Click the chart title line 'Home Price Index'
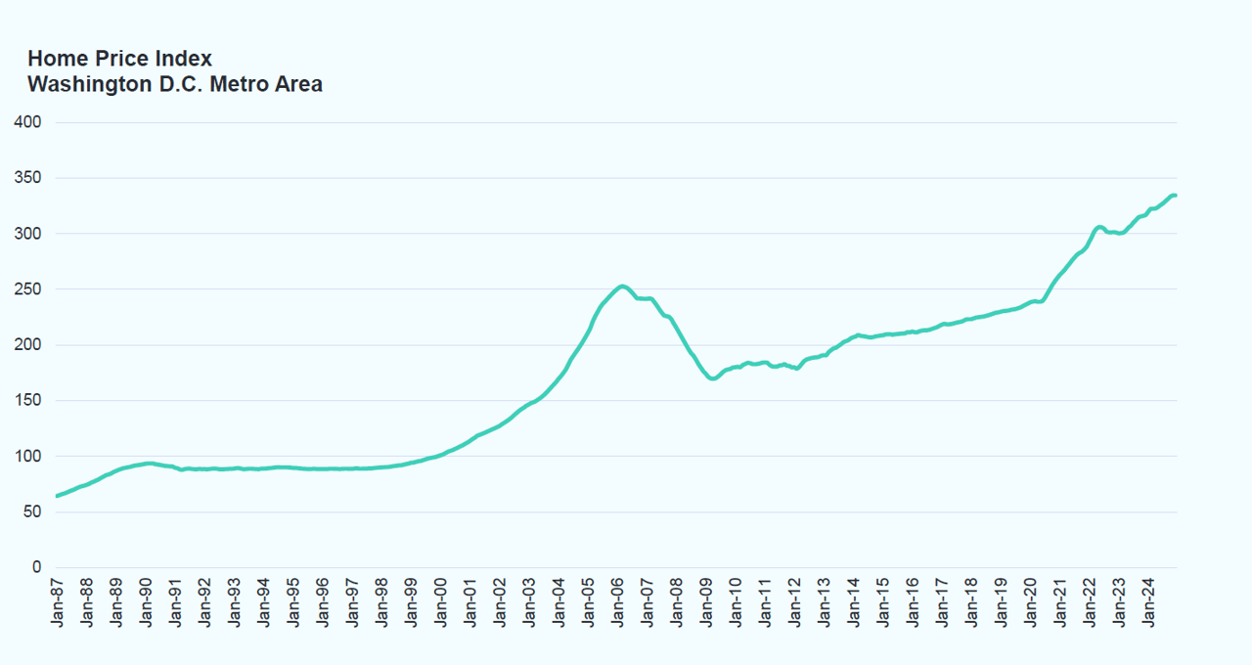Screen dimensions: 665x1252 coord(119,59)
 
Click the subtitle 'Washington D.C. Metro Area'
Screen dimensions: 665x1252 coord(175,84)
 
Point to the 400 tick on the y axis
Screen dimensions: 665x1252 coord(27,122)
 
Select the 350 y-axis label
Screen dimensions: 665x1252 coord(27,178)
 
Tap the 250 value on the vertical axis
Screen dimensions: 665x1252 coord(27,289)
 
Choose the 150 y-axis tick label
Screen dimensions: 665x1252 coord(27,401)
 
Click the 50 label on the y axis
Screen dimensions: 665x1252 coord(32,511)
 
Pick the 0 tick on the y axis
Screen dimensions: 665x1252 coord(36,567)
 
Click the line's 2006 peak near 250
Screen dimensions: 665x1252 coord(622,286)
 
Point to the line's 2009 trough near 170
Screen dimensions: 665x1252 coord(712,378)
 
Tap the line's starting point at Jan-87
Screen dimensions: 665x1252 coord(57,496)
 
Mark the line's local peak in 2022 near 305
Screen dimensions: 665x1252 coord(1099,227)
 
